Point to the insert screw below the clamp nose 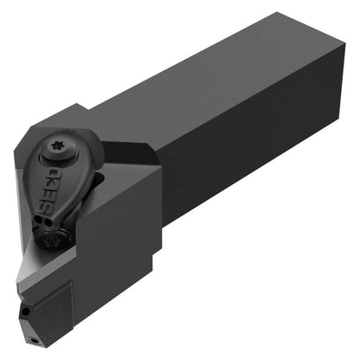click(55, 239)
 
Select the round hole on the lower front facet click(26, 312)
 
